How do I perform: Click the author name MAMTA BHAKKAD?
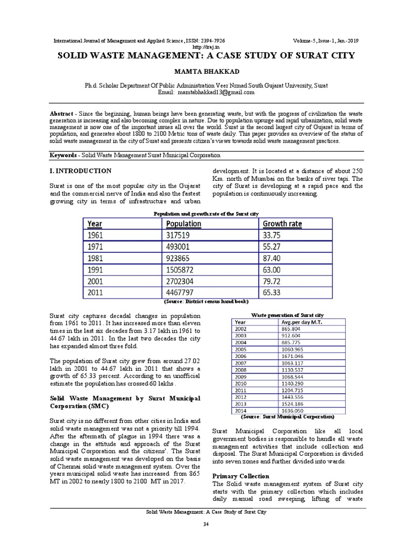tap(206, 71)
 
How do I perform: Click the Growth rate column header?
tap(282, 223)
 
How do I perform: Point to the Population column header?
tap(184, 223)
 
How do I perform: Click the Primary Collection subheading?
tap(241, 476)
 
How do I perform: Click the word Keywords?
tap(63, 155)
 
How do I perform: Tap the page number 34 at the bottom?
tap(205, 524)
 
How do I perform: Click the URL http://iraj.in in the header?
tap(206, 47)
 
